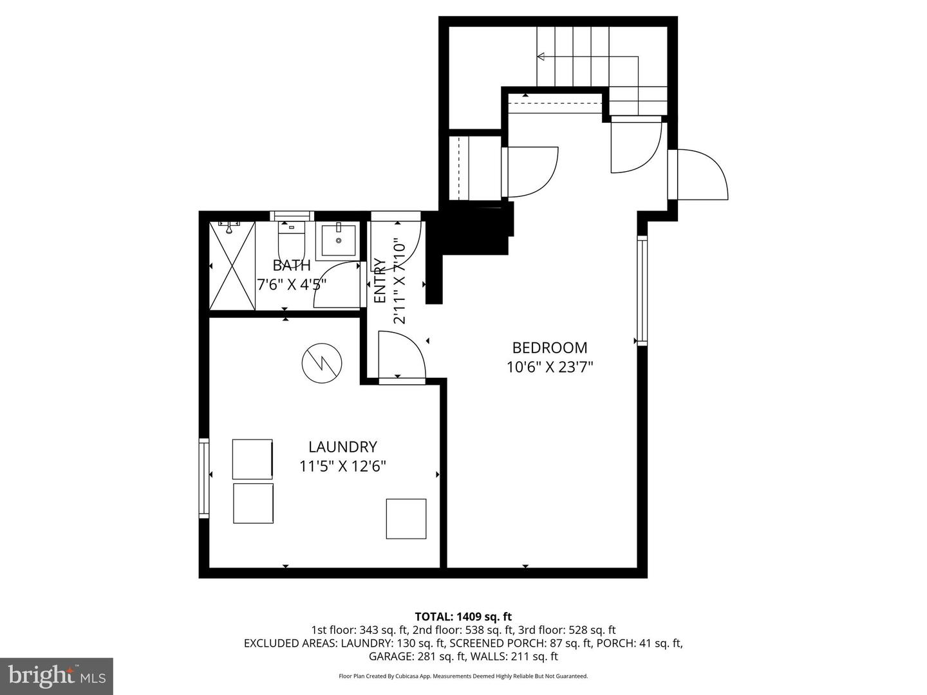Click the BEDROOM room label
pyautogui.click(x=549, y=347)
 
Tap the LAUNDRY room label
pyautogui.click(x=342, y=447)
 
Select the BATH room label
pyautogui.click(x=292, y=265)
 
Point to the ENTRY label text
pyautogui.click(x=380, y=281)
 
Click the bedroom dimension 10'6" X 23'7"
pyautogui.click(x=549, y=367)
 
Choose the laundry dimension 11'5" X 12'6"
pyautogui.click(x=342, y=466)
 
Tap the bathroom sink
pyautogui.click(x=338, y=240)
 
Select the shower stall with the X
pyautogui.click(x=232, y=266)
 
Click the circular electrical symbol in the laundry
pyautogui.click(x=322, y=363)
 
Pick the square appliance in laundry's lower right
pyautogui.click(x=406, y=519)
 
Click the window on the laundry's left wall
pyautogui.click(x=204, y=477)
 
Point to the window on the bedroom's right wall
pyautogui.click(x=642, y=291)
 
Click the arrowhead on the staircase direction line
pyautogui.click(x=541, y=57)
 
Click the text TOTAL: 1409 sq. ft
pyautogui.click(x=463, y=616)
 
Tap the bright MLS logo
pyautogui.click(x=57, y=676)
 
